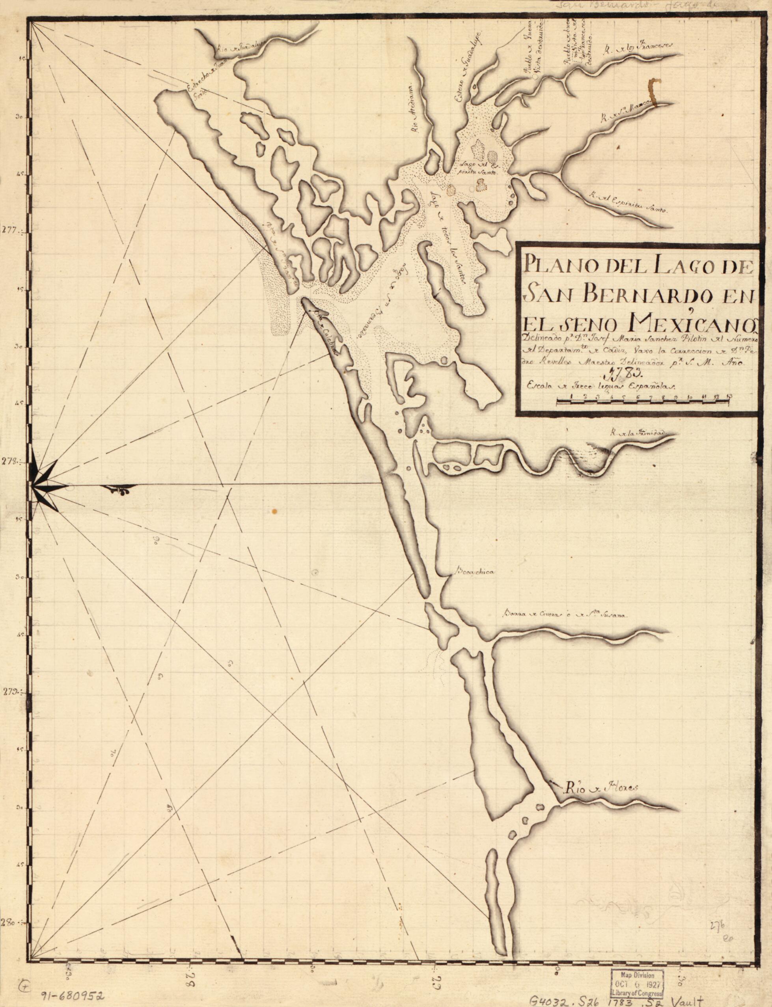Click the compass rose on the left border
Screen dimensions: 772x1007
click(x=46, y=485)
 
